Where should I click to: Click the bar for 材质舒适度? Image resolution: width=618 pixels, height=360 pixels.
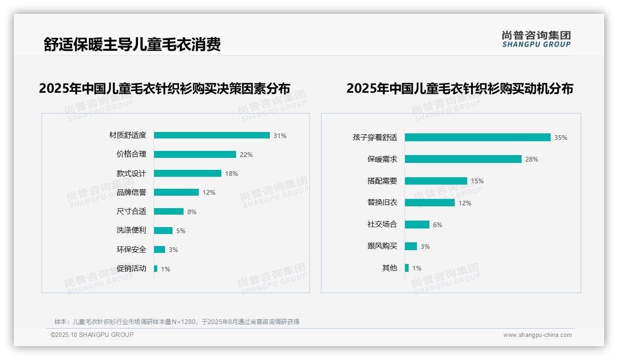212,135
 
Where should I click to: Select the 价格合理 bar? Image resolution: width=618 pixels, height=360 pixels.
195,154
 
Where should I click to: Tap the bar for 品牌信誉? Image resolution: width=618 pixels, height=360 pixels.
176,192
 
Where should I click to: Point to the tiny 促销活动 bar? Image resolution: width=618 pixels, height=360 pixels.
156,269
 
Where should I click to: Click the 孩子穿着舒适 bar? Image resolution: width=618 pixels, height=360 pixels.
477,137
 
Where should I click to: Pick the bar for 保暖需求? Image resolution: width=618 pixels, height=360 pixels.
463,159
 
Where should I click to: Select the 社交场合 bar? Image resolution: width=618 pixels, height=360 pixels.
417,224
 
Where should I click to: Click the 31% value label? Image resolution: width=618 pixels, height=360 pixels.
280,136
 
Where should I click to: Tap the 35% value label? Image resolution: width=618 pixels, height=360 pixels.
561,138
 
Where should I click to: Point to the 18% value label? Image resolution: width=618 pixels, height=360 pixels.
232,174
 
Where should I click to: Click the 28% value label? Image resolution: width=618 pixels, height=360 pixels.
532,159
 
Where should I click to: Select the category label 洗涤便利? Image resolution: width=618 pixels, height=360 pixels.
131,230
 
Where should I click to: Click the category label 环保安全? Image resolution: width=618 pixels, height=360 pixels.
131,249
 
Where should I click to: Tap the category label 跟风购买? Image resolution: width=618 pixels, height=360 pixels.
382,246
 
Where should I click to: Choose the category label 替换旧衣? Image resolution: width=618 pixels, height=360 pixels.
382,203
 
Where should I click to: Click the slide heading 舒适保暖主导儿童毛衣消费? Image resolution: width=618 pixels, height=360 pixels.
132,44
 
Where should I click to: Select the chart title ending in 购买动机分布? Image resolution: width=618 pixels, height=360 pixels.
459,88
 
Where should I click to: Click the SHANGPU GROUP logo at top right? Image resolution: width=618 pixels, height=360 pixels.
536,39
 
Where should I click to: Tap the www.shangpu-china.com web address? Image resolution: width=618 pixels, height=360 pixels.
537,335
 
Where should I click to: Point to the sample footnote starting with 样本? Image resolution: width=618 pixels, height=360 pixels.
177,322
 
